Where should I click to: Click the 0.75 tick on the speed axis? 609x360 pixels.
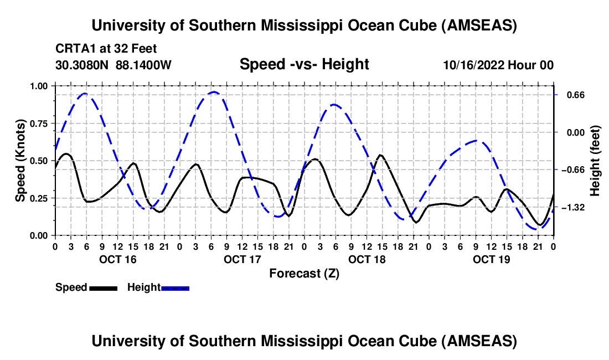[x=40, y=123]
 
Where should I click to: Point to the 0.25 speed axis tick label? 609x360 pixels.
[x=40, y=198]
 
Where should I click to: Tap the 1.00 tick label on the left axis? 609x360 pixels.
[x=40, y=86]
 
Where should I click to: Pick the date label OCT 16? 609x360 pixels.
[x=117, y=259]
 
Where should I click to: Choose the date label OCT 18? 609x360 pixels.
[x=367, y=259]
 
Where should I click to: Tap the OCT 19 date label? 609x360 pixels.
[x=491, y=259]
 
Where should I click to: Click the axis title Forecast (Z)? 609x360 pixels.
[x=304, y=273]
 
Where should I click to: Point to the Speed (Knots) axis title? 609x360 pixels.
[x=20, y=161]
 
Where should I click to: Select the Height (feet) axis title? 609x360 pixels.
[x=596, y=161]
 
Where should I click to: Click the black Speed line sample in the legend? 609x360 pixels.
[x=103, y=287]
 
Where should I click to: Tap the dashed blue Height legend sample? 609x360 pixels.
[x=175, y=287]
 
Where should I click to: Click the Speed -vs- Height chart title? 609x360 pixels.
[x=304, y=64]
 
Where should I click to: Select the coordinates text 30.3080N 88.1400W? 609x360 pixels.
[x=113, y=65]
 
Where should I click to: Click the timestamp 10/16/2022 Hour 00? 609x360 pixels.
[x=498, y=65]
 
